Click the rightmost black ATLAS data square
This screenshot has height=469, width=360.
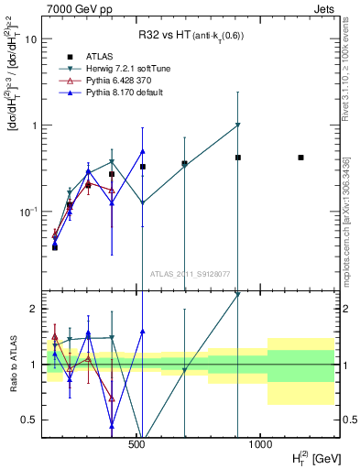pos(300,158)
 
